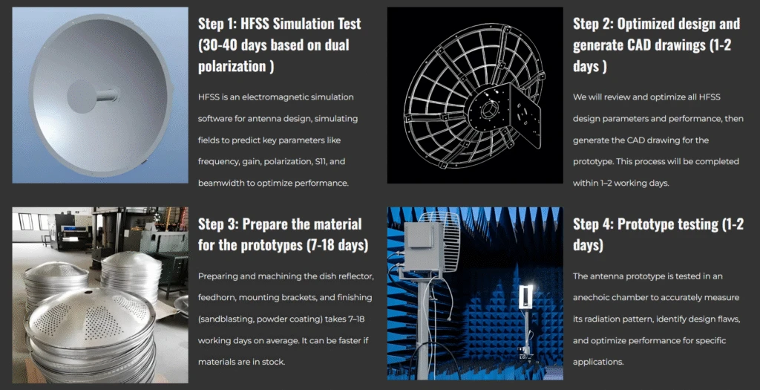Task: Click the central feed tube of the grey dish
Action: [x=107, y=95]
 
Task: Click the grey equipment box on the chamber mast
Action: [x=423, y=247]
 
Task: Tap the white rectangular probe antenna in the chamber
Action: [x=525, y=297]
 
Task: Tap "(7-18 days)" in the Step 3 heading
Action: [x=338, y=245]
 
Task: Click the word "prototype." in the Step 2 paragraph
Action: [x=593, y=161]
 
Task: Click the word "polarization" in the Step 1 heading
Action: [x=232, y=66]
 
